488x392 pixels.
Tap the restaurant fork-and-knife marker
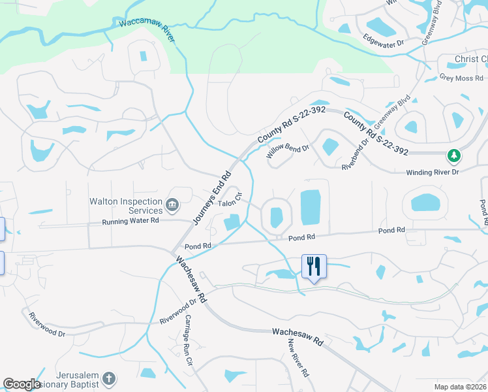tap(314, 266)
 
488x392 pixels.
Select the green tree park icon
tap(453, 155)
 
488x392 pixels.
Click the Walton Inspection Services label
tap(127, 206)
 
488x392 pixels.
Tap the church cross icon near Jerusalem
tap(109, 378)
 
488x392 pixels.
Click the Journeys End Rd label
tap(212, 199)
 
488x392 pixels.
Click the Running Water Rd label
tap(130, 221)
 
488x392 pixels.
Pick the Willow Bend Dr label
tap(287, 152)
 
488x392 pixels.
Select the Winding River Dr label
tap(433, 172)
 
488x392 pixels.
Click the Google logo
tap(22, 384)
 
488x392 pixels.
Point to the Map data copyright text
tap(461, 387)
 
